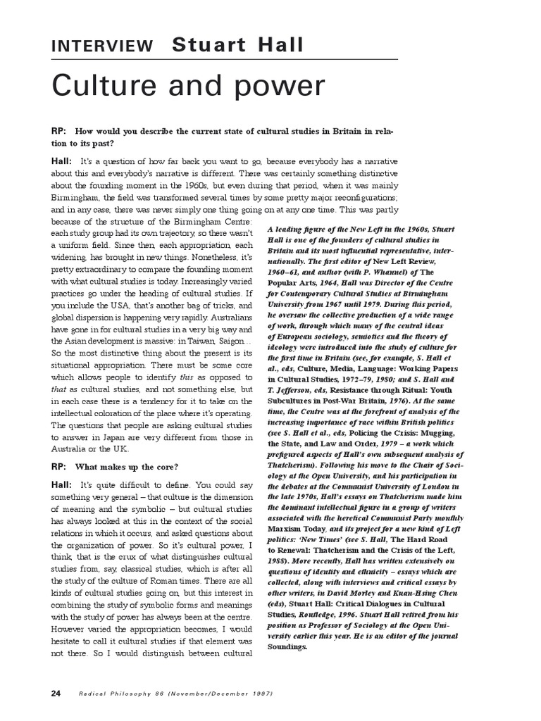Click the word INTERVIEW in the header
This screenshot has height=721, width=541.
(101, 47)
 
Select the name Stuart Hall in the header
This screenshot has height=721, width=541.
(239, 46)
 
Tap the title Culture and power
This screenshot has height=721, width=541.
(188, 86)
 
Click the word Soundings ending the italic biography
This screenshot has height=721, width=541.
(287, 646)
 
